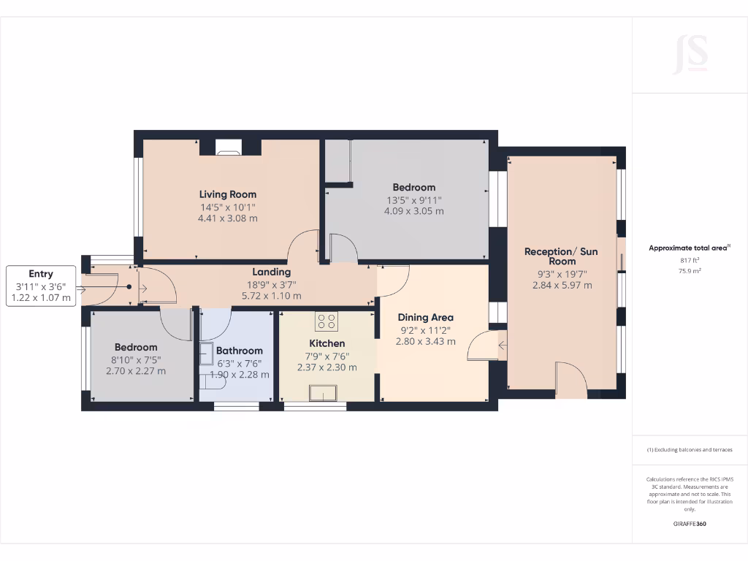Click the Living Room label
coord(228,194)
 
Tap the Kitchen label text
coord(327,343)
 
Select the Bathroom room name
coord(240,351)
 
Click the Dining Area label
coord(426,317)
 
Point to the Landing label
coord(272,272)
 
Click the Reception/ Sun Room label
coord(561,256)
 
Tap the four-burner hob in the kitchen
coord(326,321)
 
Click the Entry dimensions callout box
coord(41,286)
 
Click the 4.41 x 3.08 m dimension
coord(228,218)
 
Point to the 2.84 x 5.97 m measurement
coord(562,285)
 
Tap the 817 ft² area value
coord(690,259)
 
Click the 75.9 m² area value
coord(690,270)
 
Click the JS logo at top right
coord(690,54)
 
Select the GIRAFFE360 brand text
coord(690,524)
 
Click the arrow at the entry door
coord(80,289)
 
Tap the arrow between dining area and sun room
coord(503,345)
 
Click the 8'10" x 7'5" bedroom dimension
coord(135,359)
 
